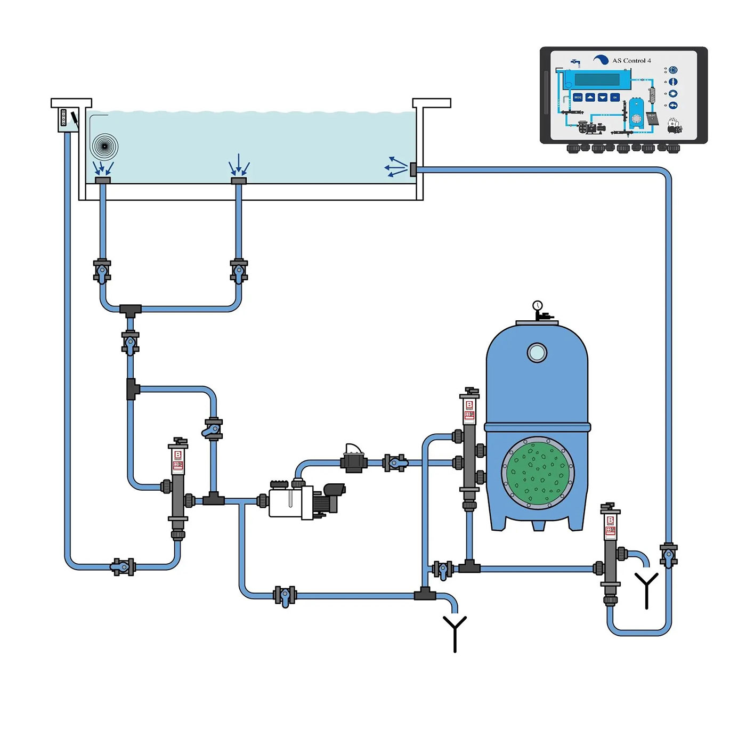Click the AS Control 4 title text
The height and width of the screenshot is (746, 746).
pyautogui.click(x=631, y=61)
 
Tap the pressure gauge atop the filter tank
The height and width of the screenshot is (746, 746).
pyautogui.click(x=537, y=306)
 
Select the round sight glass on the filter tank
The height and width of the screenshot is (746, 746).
pyautogui.click(x=537, y=352)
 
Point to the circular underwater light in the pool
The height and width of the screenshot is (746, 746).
pyautogui.click(x=104, y=147)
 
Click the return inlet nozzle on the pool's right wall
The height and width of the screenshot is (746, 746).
pyautogui.click(x=413, y=169)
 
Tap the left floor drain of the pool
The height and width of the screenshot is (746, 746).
pyautogui.click(x=102, y=180)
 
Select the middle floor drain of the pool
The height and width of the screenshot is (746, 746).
pyautogui.click(x=239, y=181)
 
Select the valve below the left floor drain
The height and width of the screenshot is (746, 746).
pyautogui.click(x=102, y=271)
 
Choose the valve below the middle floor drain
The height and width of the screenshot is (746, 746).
pyautogui.click(x=239, y=271)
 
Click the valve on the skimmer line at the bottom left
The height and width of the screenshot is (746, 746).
pyautogui.click(x=123, y=566)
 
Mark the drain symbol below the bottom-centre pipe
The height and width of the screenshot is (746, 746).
pyautogui.click(x=455, y=633)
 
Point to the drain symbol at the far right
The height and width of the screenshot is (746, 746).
pyautogui.click(x=646, y=589)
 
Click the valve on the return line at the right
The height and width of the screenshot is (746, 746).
pyautogui.click(x=668, y=555)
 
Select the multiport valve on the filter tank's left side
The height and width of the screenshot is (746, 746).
pyautogui.click(x=469, y=448)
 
